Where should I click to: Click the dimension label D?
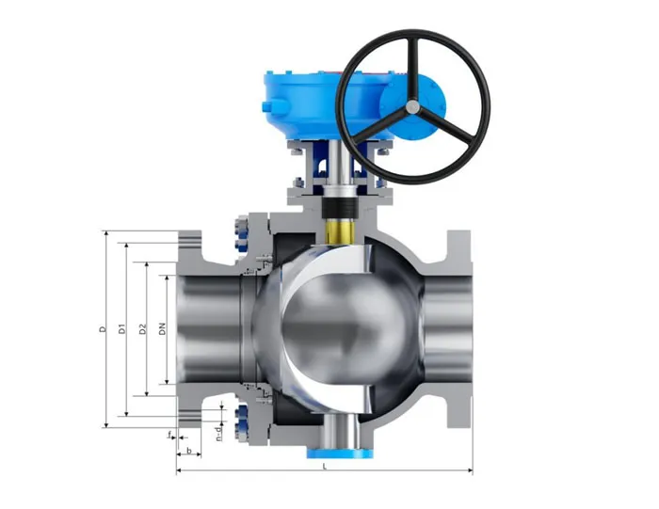(x=102, y=330)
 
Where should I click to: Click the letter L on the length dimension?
(x=324, y=465)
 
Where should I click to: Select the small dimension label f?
(x=169, y=436)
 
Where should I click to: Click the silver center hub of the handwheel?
(x=411, y=109)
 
